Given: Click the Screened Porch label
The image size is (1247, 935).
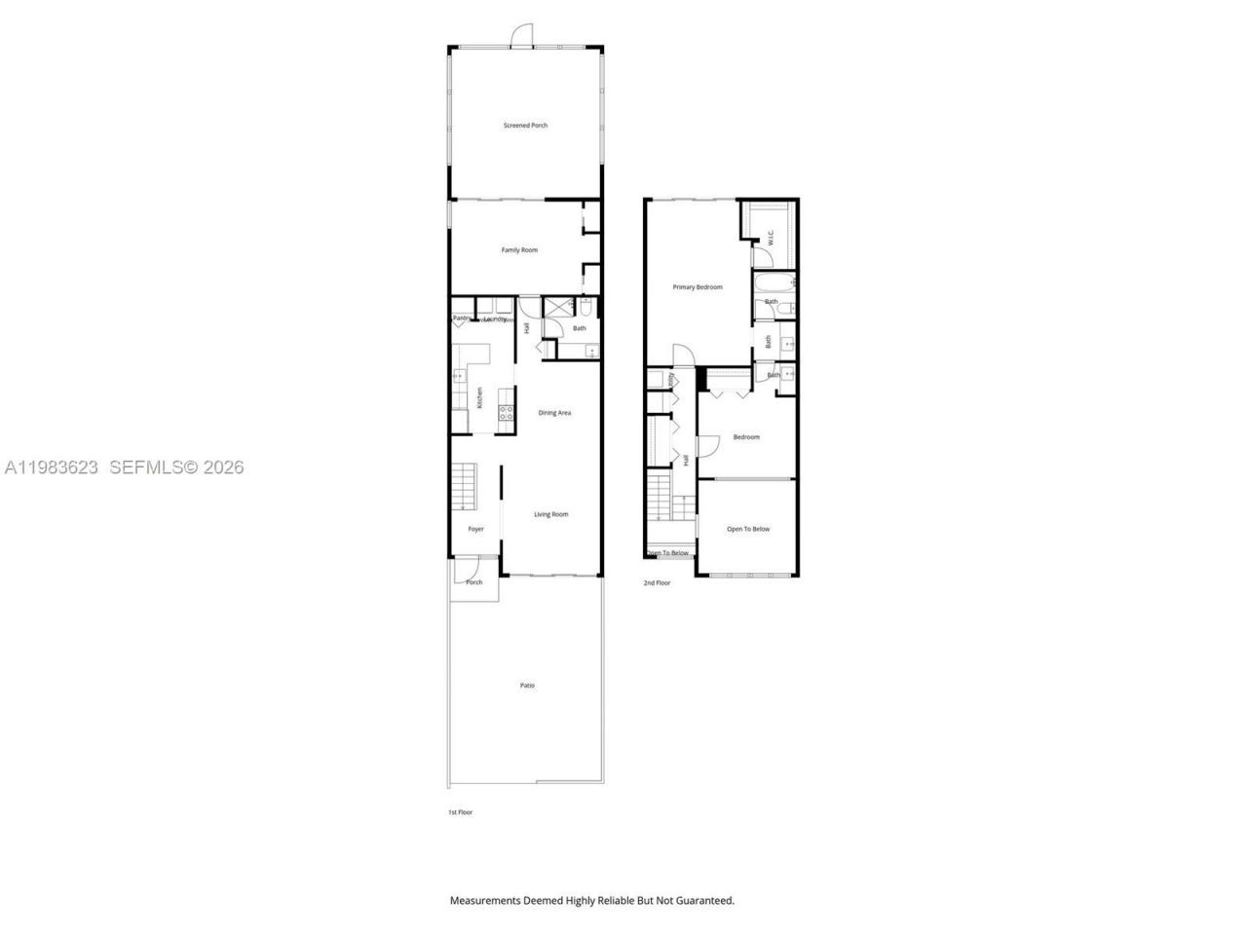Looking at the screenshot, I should tap(525, 126).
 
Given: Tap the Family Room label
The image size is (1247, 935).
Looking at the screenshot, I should tap(519, 250).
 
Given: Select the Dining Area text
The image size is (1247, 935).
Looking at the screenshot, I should tap(554, 413).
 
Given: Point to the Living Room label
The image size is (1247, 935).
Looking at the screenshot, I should tap(550, 514).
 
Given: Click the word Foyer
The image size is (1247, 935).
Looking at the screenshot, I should tap(475, 529).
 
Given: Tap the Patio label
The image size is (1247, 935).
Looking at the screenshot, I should tap(527, 686).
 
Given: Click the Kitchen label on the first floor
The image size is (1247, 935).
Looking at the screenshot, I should tap(479, 397).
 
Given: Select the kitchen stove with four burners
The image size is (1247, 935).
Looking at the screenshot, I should tap(507, 416).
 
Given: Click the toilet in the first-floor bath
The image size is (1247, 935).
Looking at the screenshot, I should tap(586, 308).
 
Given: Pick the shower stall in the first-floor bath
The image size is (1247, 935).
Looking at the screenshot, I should tap(557, 309).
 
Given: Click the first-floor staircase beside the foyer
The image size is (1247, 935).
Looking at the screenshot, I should tap(464, 487).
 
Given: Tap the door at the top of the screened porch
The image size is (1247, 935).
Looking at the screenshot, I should tap(523, 37).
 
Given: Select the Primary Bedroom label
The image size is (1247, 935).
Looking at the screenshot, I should tap(698, 287).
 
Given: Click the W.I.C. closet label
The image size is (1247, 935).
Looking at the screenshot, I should tap(771, 237).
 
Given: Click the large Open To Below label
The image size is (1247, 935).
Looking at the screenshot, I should tap(748, 529).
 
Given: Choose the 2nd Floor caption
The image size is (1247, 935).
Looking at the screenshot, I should tap(657, 582).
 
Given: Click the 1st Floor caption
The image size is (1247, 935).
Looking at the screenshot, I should tap(460, 811).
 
